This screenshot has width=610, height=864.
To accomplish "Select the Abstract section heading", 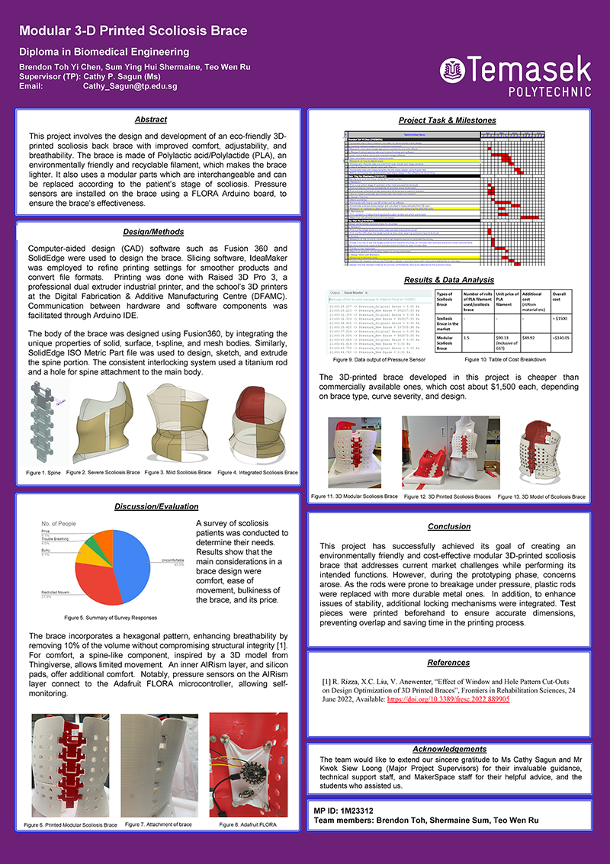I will [150, 120].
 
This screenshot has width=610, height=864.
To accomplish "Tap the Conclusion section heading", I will [448, 527].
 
